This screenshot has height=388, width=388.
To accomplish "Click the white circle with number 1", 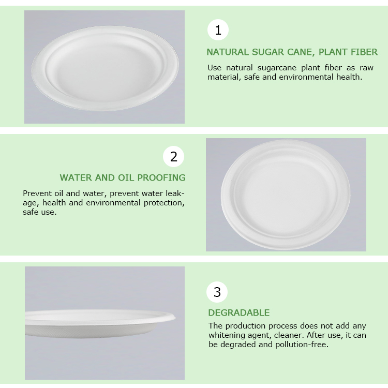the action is coord(218,29).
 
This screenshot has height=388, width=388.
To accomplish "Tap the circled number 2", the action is coord(173,156).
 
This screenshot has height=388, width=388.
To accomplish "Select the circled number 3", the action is coord(217,292).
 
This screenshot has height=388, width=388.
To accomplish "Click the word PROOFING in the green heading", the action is coord(161,177).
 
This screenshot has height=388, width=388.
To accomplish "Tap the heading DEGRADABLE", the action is coord(239,313).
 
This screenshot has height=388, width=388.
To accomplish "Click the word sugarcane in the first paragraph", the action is coord(277,68).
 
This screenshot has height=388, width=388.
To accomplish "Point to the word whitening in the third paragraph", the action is coord(227,335).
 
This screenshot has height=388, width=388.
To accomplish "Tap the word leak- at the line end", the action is coord(175,193).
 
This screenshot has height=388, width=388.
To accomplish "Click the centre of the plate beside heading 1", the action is coord(105,68).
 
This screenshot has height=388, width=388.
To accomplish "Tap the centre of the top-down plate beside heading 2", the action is coord(285,195).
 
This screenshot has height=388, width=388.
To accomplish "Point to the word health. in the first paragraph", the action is coord(349,77).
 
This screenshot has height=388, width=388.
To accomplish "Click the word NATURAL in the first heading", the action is coord(228,52).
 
